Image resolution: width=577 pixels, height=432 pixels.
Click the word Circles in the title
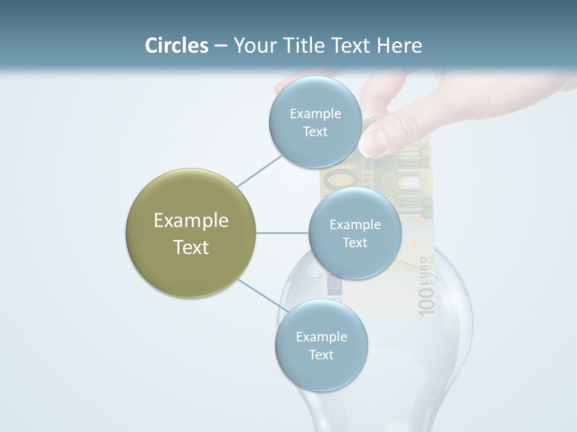[x=176, y=46]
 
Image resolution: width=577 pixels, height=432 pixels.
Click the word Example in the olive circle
[x=191, y=221]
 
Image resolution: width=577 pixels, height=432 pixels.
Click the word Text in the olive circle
[x=191, y=247]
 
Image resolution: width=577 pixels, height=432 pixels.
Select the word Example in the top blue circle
[x=315, y=114]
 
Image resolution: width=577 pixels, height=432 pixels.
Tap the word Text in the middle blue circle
[x=355, y=243]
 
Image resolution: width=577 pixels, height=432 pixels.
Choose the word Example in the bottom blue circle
[x=321, y=337]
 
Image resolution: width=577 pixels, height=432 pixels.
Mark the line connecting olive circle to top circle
[x=260, y=170]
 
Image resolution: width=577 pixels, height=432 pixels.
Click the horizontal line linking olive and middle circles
[x=282, y=233]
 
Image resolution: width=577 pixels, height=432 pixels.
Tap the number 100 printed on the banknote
[x=426, y=301]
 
